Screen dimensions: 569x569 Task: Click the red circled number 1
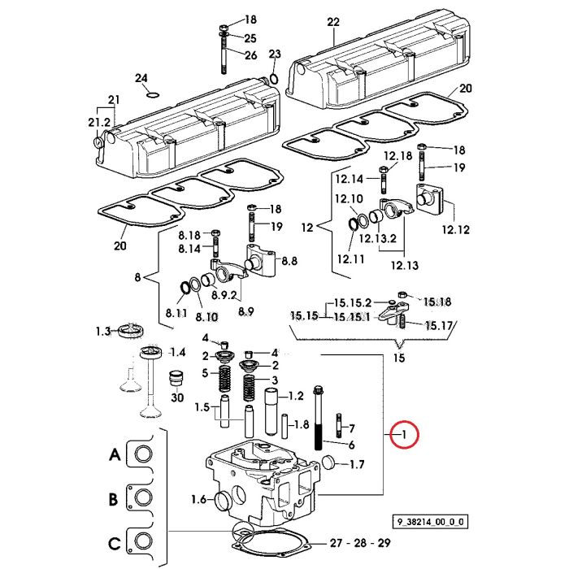coord(404,434)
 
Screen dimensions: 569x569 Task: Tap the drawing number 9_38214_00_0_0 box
coord(430,522)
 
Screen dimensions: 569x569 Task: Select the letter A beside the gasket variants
coord(115,454)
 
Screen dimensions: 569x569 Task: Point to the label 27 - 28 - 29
coord(360,543)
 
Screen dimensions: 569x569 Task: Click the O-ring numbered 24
coord(153,95)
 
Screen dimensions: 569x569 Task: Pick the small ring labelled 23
coord(275,78)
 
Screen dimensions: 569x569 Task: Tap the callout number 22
coord(333,22)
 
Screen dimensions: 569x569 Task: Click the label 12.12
coord(455,230)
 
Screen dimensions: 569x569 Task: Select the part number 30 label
coord(177,397)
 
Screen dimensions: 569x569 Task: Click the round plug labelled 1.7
coord(328,462)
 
